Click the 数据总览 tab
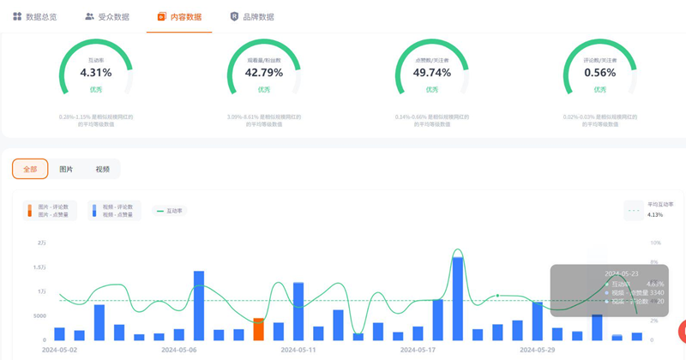point(35,16)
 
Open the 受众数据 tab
point(107,16)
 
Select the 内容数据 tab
point(179,16)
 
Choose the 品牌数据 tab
point(252,16)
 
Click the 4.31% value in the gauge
point(96,73)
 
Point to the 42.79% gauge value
point(263,73)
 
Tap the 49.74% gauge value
point(431,73)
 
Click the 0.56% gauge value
point(599,73)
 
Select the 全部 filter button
point(30,169)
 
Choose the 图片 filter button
point(66,169)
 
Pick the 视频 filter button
point(102,169)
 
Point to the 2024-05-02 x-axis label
point(60,350)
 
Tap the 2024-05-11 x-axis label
point(298,350)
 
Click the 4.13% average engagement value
point(656,215)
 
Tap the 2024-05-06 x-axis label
point(179,350)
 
